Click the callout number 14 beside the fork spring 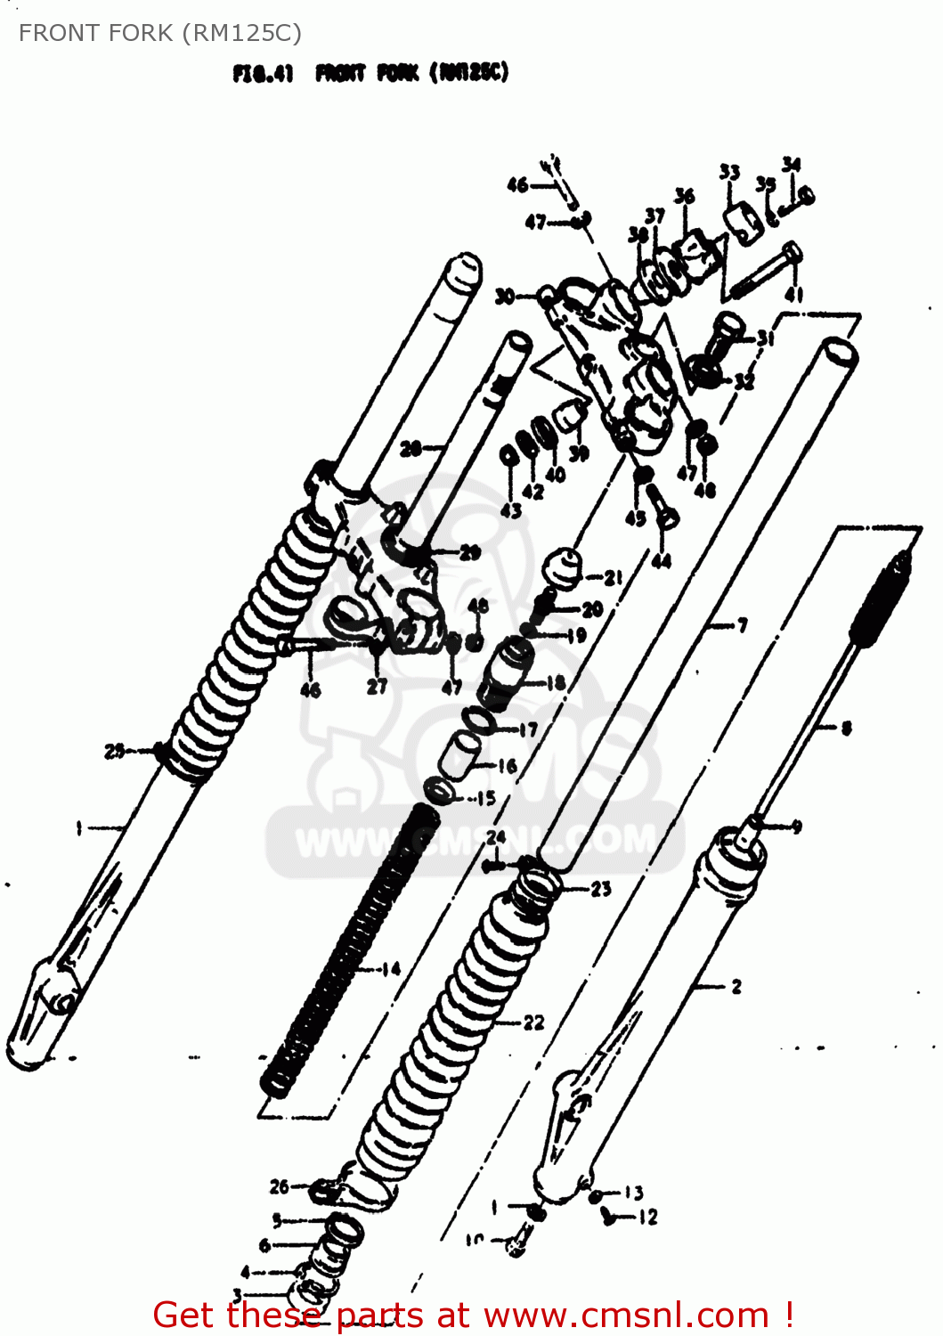click(x=391, y=969)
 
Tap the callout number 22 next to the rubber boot click(x=533, y=1022)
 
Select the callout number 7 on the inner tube click(x=742, y=626)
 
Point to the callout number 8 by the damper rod click(x=846, y=728)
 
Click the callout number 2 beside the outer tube click(x=736, y=986)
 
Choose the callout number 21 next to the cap click(x=613, y=578)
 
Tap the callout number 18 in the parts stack click(x=556, y=683)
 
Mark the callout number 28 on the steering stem click(x=411, y=449)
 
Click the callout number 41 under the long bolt click(x=793, y=295)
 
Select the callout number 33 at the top click(x=729, y=172)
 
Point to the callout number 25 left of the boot click(x=115, y=751)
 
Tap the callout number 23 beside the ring click(x=601, y=888)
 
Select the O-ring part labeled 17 click(x=477, y=718)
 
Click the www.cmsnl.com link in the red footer click(x=625, y=1315)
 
